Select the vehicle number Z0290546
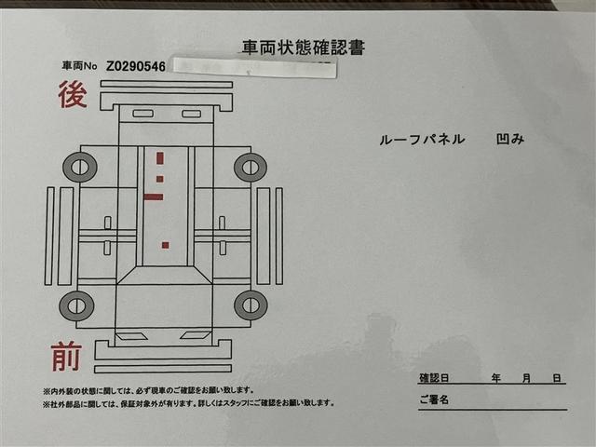pos(136,67)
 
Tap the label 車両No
pos(80,67)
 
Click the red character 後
pos(73,94)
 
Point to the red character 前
pos(66,357)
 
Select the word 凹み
pos(512,140)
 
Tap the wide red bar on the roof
pos(154,196)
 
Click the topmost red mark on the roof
pos(159,157)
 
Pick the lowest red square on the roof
pos(165,245)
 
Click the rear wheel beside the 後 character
pos(79,168)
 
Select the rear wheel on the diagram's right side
pos(250,168)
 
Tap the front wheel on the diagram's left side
pos(77,305)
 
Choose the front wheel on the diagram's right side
pos(250,305)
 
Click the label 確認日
pos(434,378)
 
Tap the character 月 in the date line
pos(527,378)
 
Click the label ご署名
pos(435,400)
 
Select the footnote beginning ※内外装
pos(148,390)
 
